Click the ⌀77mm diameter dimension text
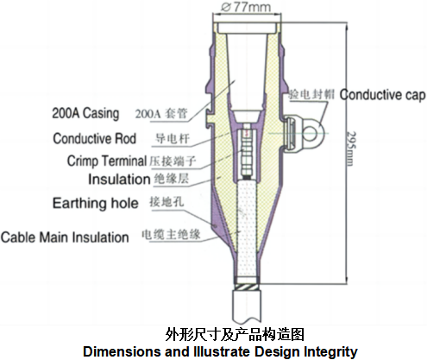click(x=246, y=7)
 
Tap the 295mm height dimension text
click(x=351, y=148)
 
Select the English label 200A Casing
click(x=85, y=113)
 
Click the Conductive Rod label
click(x=95, y=138)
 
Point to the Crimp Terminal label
click(x=107, y=161)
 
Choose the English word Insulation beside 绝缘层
click(x=119, y=180)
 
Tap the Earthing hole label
click(x=96, y=203)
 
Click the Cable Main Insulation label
click(x=65, y=237)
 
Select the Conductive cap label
click(x=382, y=95)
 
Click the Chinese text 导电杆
click(x=173, y=138)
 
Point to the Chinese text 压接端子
click(x=173, y=161)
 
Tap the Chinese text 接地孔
click(x=166, y=202)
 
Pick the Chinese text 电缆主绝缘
click(x=171, y=235)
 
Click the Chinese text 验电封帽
click(x=311, y=94)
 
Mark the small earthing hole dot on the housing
click(x=215, y=226)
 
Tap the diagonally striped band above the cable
click(x=247, y=287)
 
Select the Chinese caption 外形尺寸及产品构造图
click(x=235, y=334)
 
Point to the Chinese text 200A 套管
click(x=161, y=114)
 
